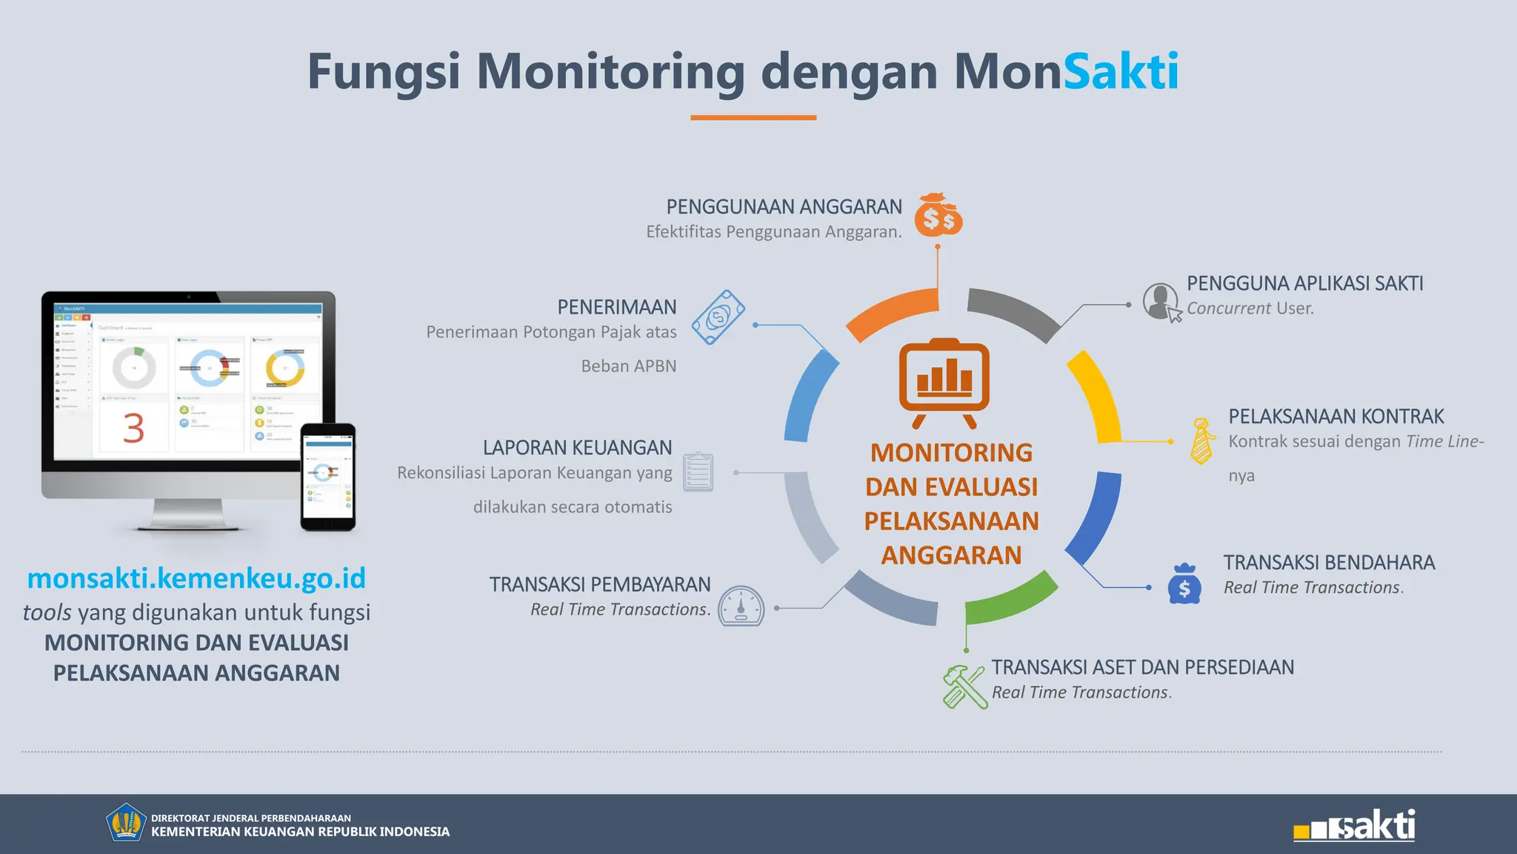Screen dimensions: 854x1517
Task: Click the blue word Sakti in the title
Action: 1121,72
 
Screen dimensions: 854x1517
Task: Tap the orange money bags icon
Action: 938,216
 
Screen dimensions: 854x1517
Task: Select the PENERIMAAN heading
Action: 616,307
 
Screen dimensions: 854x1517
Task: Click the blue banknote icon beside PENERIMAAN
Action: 718,317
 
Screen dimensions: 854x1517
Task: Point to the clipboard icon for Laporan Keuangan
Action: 698,472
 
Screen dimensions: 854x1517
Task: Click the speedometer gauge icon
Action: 741,606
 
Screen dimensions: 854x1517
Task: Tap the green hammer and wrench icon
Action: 964,686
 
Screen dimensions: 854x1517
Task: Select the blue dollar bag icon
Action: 1184,584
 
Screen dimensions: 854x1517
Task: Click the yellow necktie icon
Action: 1201,441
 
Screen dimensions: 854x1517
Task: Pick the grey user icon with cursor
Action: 1161,302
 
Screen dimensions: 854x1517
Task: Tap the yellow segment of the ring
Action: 1096,395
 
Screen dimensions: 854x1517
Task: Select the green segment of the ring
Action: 1011,599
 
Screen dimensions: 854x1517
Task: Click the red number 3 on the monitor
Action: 133,428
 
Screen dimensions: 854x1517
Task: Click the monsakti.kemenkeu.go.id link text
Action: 196,578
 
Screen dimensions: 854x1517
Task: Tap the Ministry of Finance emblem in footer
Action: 125,823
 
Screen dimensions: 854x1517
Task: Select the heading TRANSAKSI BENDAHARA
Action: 1329,563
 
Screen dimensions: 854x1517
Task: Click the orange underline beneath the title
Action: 753,117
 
